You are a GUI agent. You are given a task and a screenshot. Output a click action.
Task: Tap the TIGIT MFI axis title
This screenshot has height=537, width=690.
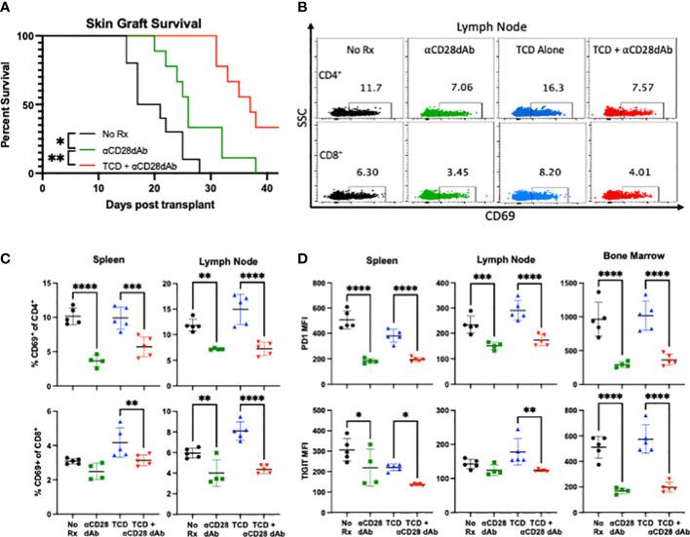click(364, 449)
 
